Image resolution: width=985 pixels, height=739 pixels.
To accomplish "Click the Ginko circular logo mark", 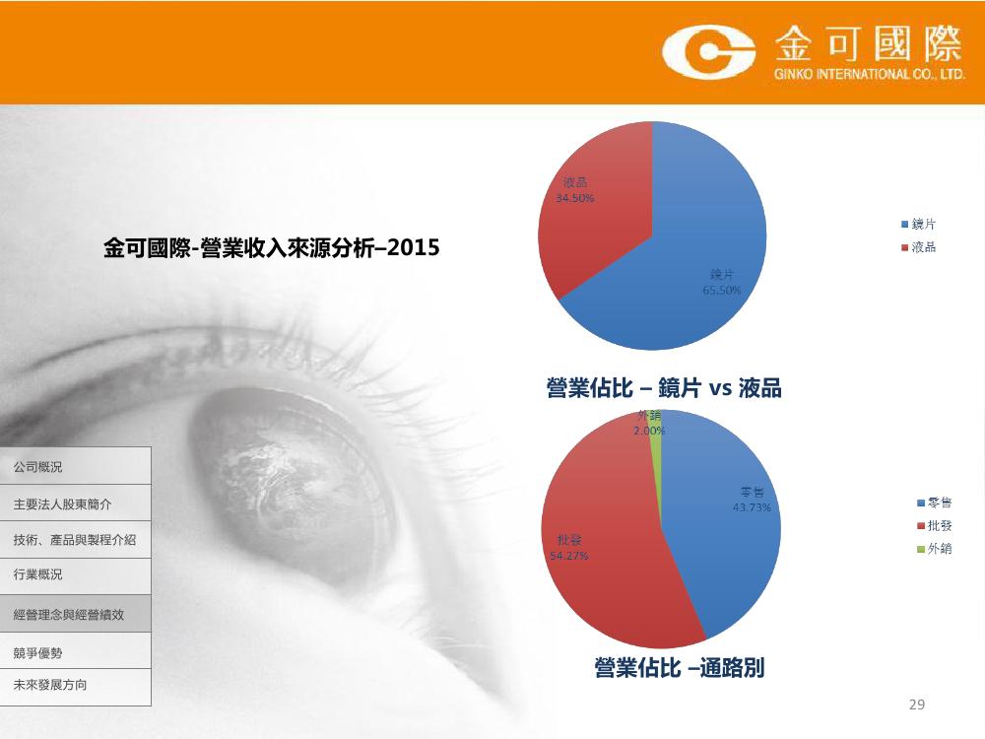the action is tap(708, 51).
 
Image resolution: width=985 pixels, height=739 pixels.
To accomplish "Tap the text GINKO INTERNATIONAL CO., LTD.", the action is tap(870, 74).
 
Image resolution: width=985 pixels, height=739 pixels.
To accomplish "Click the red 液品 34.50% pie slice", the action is tap(590, 207).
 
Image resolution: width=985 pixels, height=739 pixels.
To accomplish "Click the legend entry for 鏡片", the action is tap(918, 224).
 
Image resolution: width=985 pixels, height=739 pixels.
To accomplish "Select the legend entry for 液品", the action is tap(918, 247).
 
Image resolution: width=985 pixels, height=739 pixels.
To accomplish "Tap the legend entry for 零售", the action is tap(935, 503).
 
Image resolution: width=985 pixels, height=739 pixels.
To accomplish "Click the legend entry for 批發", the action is tap(935, 526).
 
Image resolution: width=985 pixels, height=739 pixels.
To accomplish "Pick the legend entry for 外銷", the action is tap(935, 549).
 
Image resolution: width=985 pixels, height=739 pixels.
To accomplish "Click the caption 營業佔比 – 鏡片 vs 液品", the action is tap(664, 387).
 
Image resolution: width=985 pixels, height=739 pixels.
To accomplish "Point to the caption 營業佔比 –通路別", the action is tap(679, 667).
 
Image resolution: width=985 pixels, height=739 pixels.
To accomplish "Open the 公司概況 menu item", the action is tap(76, 466).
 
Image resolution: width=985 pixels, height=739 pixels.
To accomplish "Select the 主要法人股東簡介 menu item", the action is tap(76, 504).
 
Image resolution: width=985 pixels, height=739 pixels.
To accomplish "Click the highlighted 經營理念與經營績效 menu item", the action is tap(76, 614).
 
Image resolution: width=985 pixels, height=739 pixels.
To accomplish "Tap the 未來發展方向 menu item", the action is tap(76, 686).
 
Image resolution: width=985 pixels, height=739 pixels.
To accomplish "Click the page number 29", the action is tap(916, 705).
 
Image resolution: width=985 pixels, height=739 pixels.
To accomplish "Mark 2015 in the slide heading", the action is tap(414, 247).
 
